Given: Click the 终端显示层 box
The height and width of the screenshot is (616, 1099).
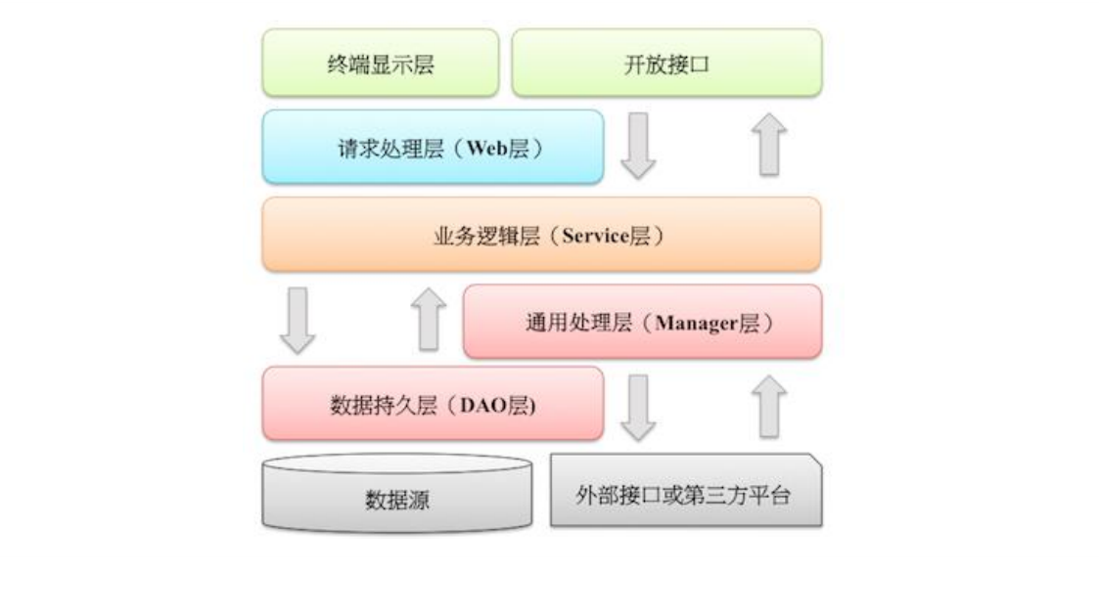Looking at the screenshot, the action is point(380,64).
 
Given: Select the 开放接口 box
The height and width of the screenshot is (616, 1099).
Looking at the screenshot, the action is point(666,64).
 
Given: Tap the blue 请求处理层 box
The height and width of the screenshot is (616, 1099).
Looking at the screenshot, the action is point(433,147).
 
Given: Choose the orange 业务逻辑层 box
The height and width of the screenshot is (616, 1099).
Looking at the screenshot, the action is point(541,235).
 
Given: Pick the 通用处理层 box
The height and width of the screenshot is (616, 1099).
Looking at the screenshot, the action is point(642,322).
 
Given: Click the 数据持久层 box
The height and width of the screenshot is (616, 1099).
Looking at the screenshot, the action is point(433,404).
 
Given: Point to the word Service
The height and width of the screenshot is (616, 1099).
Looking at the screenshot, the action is point(594,236).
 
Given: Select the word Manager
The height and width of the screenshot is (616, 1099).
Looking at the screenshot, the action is point(695,324).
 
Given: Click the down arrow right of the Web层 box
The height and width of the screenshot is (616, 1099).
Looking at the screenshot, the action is point(638,145).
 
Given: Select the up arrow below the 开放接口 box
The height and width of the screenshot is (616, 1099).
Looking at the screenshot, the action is point(770,145).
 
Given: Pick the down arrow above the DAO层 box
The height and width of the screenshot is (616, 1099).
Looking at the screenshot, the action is point(298,320).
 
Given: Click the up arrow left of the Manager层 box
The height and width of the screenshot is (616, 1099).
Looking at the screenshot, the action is point(428,320).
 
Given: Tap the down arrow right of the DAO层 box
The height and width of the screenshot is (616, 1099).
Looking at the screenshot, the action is point(638,407).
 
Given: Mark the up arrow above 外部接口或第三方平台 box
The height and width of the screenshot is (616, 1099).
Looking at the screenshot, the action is point(769,407).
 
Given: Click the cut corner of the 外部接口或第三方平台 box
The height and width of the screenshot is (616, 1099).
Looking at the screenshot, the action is point(813,461).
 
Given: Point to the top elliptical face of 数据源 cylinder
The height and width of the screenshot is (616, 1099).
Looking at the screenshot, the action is point(397,463).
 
